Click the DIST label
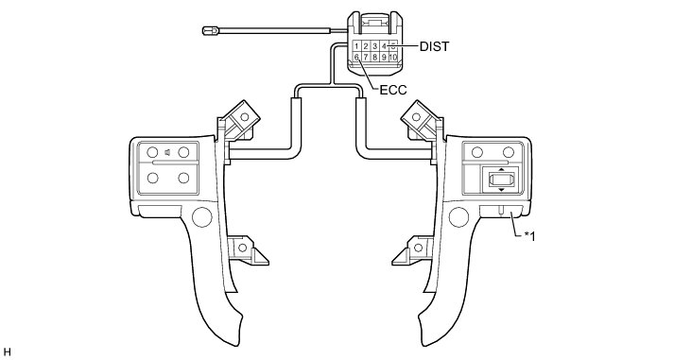coord(434,46)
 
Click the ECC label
coord(393,90)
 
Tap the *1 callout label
coord(529,236)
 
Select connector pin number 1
coord(357,46)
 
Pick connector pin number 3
coord(375,46)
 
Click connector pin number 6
coord(356,57)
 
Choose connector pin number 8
coord(375,57)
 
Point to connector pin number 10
coord(393,57)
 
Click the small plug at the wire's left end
coord(211,30)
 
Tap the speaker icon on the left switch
coord(168,152)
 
